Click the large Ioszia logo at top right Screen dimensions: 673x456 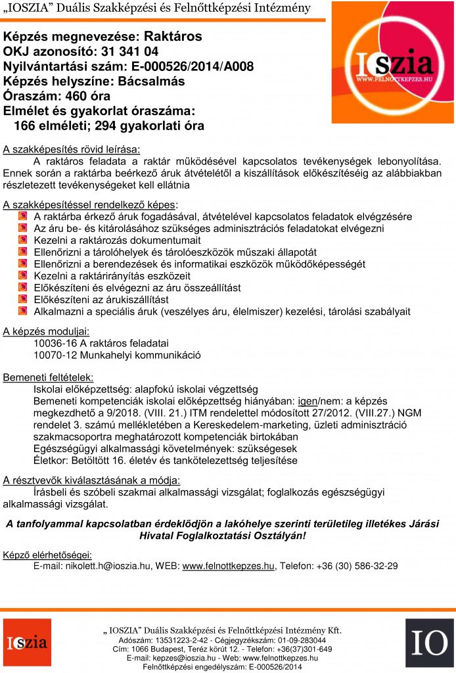pos(392,62)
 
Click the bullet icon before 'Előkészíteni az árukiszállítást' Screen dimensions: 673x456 pos(22,300)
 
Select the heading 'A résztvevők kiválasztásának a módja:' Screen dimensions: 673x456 pos(91,479)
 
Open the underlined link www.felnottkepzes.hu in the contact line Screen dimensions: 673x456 pos(228,565)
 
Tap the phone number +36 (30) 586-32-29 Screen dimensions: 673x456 pos(357,565)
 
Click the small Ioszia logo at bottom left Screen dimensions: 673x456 pos(27,641)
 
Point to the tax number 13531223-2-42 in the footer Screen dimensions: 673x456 pos(186,639)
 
